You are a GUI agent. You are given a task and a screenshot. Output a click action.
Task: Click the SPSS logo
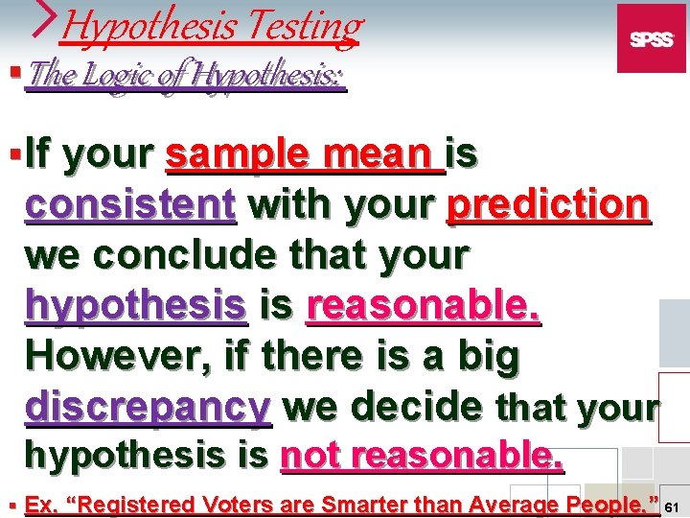click(651, 38)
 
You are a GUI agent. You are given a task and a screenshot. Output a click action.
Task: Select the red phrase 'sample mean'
click(305, 153)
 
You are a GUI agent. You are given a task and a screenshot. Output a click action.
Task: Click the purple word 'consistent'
click(130, 204)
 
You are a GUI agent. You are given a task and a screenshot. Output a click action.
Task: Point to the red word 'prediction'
click(549, 204)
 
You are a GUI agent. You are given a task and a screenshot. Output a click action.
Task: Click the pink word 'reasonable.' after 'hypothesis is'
click(424, 306)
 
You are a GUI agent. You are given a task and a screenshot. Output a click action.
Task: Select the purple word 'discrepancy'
click(149, 408)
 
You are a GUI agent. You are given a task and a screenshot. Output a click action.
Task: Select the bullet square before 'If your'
click(11, 153)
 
